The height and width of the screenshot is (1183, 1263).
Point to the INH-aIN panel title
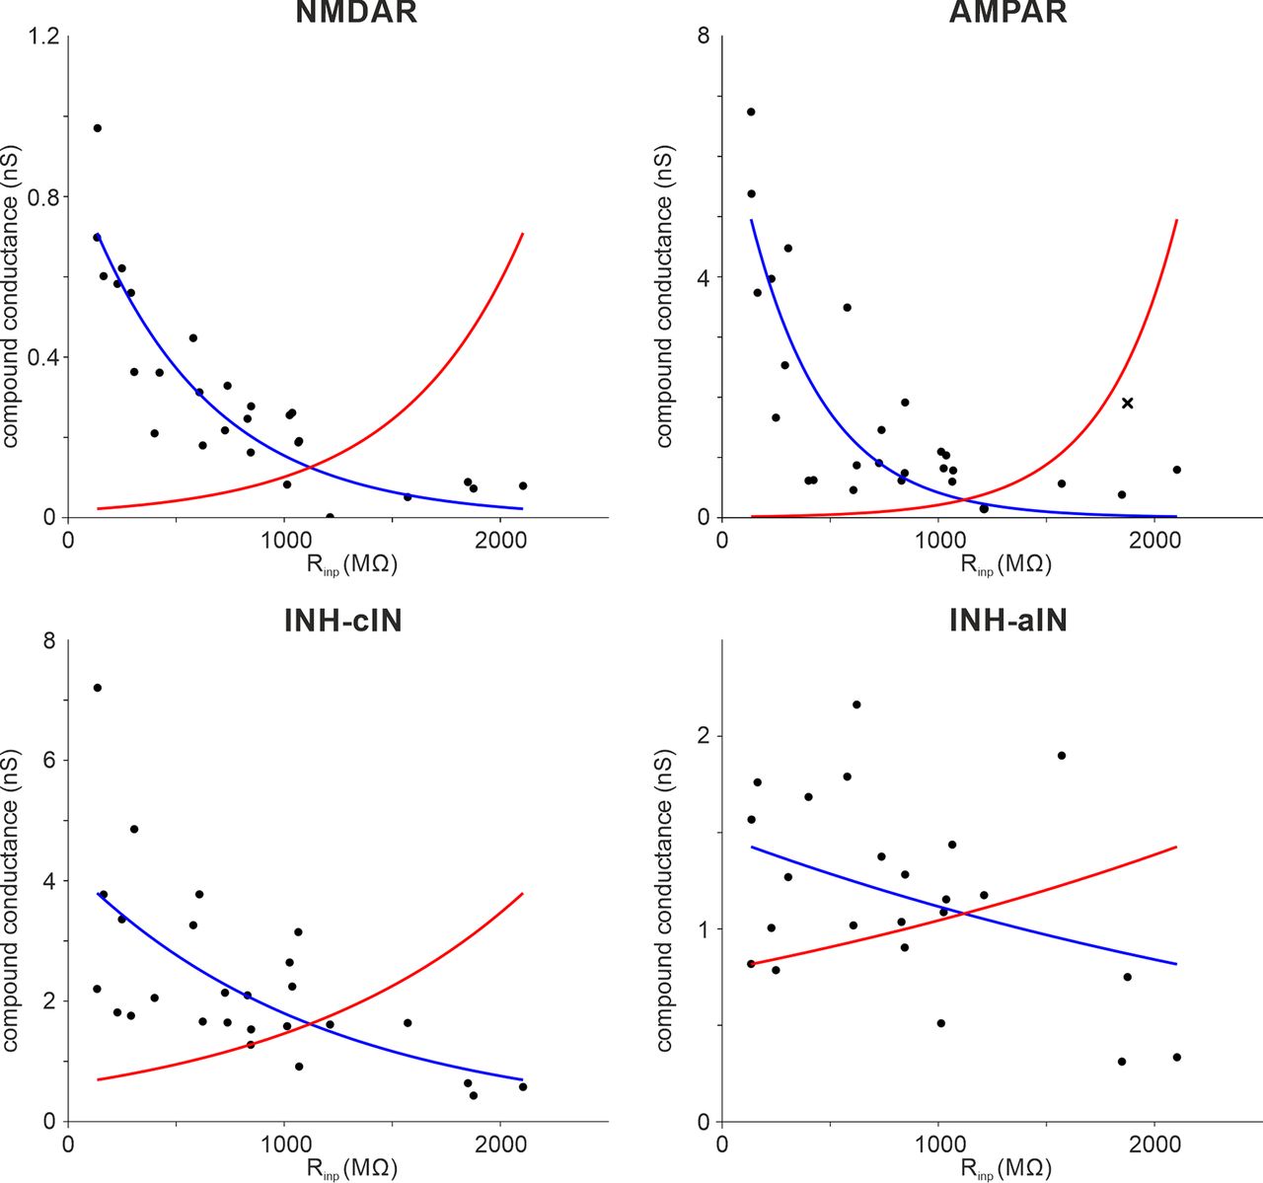tap(1007, 620)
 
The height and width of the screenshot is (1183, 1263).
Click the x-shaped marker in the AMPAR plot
tap(1127, 403)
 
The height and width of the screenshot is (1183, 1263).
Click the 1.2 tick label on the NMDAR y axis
tap(44, 37)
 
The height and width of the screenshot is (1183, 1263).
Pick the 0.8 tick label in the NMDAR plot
tap(44, 196)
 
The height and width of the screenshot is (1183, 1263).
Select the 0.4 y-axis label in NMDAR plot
tap(44, 357)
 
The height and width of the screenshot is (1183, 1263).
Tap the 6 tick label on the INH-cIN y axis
tap(49, 760)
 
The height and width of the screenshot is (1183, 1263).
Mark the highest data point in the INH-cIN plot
tap(97, 688)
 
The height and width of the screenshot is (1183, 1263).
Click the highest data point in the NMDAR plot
tap(97, 128)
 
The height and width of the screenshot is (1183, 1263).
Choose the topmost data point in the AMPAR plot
tap(751, 111)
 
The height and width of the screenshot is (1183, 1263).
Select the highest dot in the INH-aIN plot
tap(856, 704)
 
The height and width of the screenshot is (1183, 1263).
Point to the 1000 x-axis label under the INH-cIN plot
tap(284, 1144)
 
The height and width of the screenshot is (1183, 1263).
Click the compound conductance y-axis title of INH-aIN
tap(665, 900)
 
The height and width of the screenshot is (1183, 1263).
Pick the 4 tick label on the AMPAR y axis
tap(704, 277)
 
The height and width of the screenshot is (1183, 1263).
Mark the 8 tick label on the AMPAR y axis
tap(704, 37)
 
